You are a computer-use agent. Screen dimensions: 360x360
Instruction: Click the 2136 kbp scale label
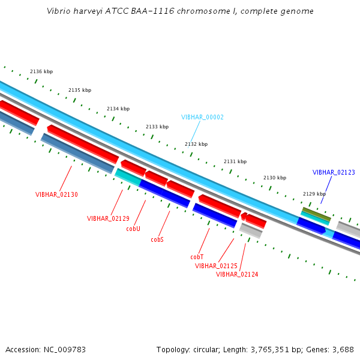coord(41,71)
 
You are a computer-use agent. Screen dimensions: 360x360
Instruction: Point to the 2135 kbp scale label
coord(80,90)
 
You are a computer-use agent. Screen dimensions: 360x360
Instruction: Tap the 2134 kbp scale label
coord(118,109)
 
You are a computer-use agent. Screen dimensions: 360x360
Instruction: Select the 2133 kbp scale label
coord(157,127)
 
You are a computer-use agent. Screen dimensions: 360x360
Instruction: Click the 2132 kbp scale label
coord(196,144)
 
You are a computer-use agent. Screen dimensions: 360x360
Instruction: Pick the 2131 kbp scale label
coord(235,161)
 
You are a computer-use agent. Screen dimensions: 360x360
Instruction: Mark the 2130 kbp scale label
coord(275,178)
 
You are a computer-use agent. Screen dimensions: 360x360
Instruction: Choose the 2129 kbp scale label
coord(314,194)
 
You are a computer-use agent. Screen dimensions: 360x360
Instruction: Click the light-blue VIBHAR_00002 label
coord(202,117)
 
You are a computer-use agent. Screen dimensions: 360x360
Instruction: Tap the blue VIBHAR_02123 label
coord(334,172)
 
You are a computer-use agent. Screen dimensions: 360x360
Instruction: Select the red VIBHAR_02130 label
coord(56,194)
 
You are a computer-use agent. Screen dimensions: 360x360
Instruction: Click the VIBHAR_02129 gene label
coord(108,218)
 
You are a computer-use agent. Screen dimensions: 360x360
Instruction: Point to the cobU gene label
coord(133,229)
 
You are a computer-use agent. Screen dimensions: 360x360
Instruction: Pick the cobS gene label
coord(157,239)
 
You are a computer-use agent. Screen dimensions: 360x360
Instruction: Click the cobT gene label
coord(197,257)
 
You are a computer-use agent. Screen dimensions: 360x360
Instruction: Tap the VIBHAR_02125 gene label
coord(216,266)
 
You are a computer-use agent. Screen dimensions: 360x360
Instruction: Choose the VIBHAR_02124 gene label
coord(237,274)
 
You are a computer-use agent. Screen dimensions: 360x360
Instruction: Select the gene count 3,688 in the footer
coord(342,349)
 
